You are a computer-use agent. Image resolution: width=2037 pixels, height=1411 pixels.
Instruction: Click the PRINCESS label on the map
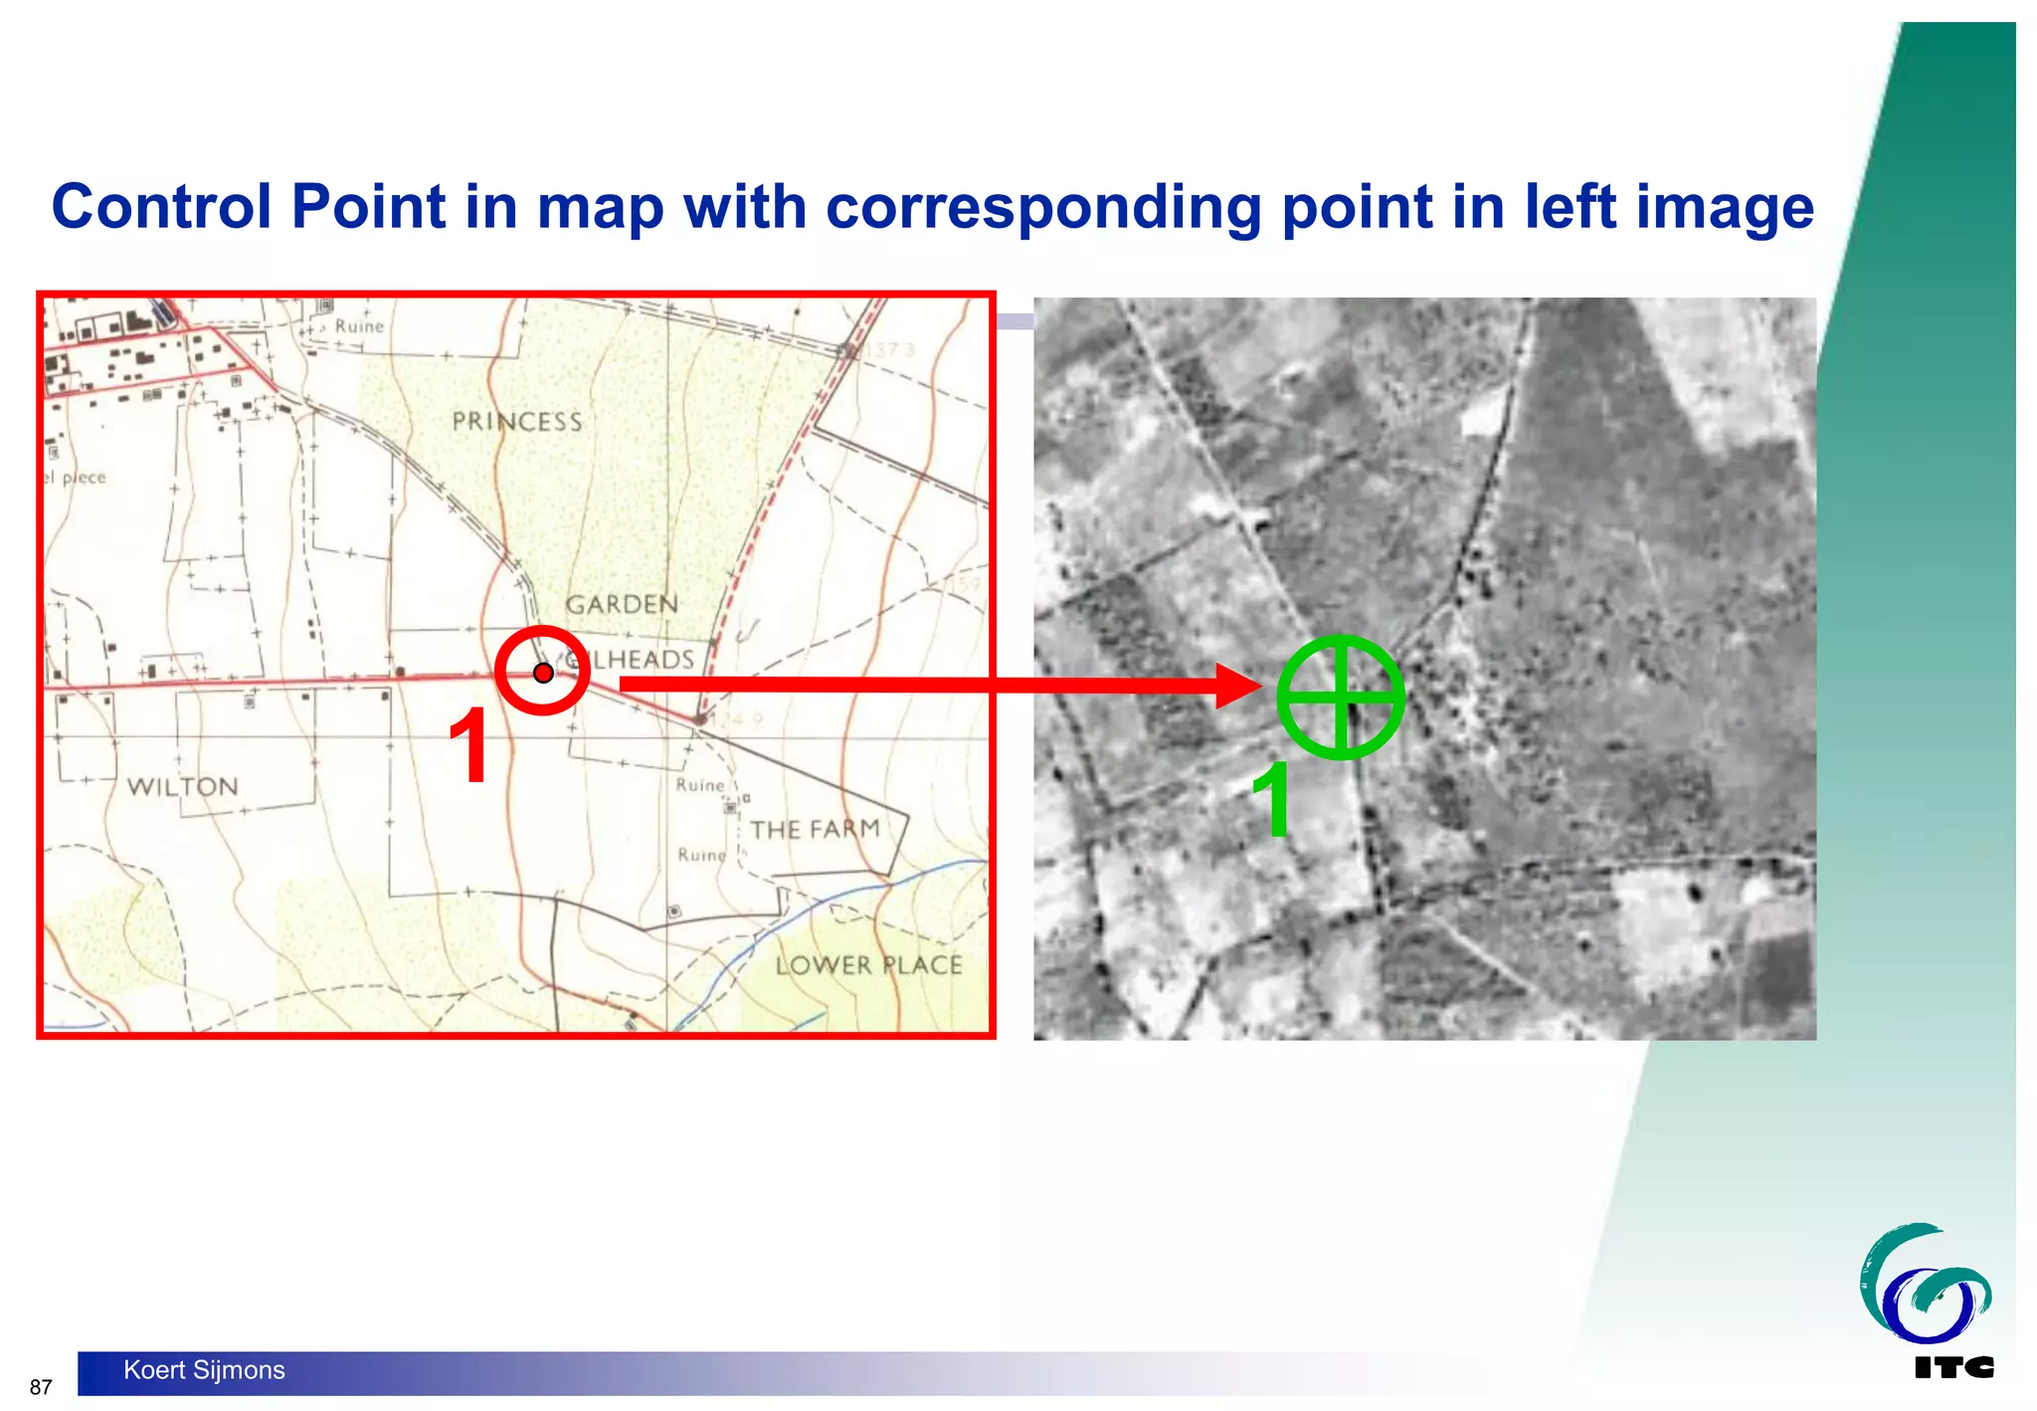pos(517,422)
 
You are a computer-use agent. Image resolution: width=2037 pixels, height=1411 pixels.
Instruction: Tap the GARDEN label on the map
pos(622,604)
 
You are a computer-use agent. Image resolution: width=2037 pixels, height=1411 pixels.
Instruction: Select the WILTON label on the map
pos(183,787)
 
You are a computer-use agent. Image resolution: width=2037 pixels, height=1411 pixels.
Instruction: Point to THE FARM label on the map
pos(815,829)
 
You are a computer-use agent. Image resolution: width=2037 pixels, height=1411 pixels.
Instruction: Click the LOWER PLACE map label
pos(868,965)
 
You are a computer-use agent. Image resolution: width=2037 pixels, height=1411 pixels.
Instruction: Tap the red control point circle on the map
pos(543,672)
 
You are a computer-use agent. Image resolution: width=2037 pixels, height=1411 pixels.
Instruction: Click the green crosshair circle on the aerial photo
pos(1340,697)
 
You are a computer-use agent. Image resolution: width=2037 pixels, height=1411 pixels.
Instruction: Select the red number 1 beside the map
pos(468,746)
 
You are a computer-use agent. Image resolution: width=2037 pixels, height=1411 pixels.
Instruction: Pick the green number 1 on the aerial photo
pos(1272,799)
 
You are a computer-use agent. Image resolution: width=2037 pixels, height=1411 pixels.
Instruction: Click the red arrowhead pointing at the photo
pos(1239,685)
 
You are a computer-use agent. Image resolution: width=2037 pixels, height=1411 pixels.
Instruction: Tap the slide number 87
pos(41,1387)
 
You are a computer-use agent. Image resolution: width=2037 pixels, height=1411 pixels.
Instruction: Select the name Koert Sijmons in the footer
pos(204,1370)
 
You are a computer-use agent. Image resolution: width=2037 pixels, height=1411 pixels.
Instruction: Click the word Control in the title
pos(161,207)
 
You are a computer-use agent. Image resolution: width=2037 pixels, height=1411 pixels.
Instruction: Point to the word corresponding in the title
pos(1042,207)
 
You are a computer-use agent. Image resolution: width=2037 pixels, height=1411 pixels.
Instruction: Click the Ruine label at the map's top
pos(359,326)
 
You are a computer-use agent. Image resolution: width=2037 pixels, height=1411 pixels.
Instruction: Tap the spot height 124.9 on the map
pos(737,719)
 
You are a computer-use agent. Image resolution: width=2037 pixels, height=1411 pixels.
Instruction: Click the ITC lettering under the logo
pos(1953,1368)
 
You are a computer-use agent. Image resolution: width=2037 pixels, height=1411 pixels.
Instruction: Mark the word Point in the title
pos(368,207)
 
